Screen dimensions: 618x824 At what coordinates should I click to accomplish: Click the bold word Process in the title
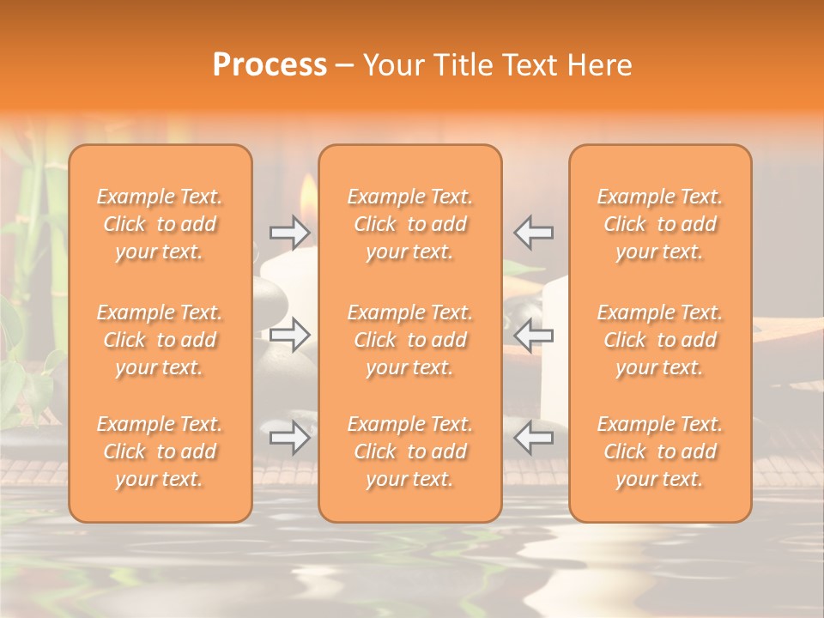click(270, 64)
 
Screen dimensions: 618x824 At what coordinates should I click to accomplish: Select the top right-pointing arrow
click(290, 233)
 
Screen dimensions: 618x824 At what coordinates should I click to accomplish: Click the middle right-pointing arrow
click(290, 335)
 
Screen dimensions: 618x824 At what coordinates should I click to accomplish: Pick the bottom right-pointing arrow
click(290, 438)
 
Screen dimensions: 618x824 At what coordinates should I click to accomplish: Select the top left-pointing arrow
click(533, 233)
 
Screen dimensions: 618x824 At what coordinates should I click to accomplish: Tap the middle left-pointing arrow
click(533, 335)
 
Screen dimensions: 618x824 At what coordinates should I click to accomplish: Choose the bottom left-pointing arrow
click(533, 438)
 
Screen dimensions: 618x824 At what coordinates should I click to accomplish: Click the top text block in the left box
click(160, 224)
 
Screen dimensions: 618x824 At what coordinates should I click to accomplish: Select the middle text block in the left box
click(160, 340)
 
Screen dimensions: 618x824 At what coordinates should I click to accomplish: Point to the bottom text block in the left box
click(160, 451)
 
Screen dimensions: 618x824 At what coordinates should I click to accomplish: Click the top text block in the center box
click(410, 224)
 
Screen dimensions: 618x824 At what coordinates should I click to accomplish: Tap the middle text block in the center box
click(410, 340)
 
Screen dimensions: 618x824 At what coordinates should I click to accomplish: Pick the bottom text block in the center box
click(410, 451)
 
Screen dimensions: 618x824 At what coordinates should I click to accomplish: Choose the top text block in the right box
click(660, 224)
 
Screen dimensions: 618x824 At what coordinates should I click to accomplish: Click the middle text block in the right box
click(660, 340)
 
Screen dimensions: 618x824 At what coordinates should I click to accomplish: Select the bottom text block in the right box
click(660, 451)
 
